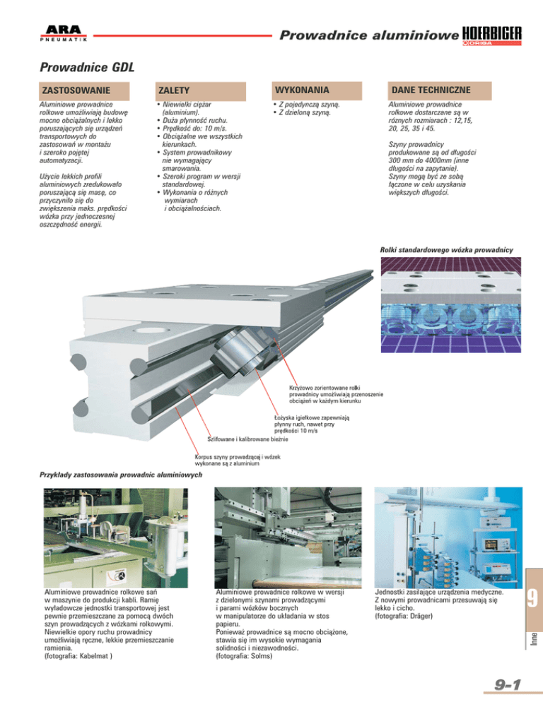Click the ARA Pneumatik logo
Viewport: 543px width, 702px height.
coord(62,33)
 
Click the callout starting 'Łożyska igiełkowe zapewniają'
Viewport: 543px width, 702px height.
coord(314,424)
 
